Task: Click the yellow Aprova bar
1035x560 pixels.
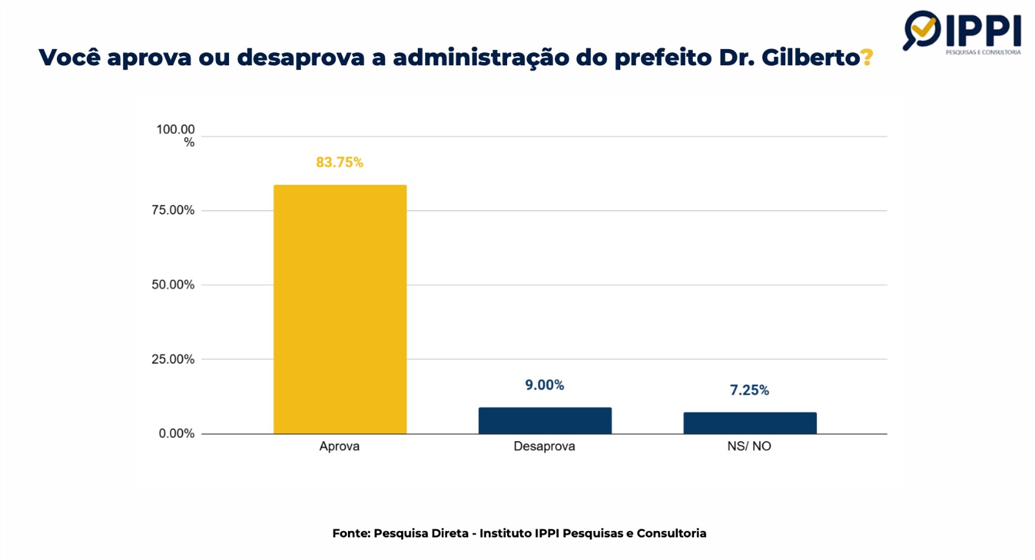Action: pos(340,309)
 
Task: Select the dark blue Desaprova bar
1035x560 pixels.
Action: pos(545,420)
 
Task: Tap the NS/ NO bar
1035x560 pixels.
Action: pos(750,423)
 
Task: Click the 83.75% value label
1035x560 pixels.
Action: pos(340,162)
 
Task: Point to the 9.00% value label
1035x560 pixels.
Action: pos(545,385)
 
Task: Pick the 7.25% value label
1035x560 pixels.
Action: pos(750,391)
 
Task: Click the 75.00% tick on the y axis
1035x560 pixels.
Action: pos(173,210)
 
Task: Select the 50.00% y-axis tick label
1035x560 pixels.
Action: pos(173,285)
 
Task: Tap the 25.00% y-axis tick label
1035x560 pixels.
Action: pos(173,359)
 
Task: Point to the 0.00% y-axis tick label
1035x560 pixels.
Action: pos(177,433)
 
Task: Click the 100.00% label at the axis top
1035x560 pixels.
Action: pos(175,135)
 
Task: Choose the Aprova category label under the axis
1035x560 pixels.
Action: pos(340,446)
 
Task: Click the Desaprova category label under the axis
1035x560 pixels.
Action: pos(544,446)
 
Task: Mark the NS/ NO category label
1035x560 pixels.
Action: pos(749,446)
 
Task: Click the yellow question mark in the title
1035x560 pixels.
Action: pos(867,58)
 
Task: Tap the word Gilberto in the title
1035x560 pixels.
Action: pos(811,58)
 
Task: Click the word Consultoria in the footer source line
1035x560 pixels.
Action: pos(671,533)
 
